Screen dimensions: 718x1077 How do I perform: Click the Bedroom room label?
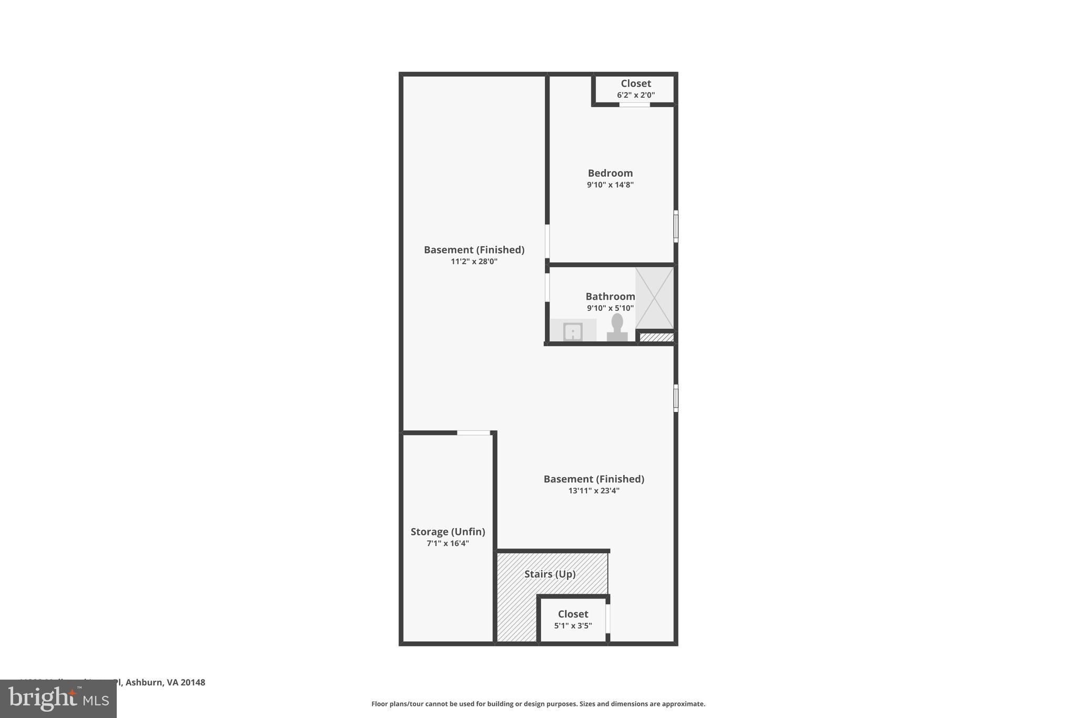coord(610,173)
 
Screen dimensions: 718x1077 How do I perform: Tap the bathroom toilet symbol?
coord(617,328)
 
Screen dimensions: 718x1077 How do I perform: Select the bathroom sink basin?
coord(573,332)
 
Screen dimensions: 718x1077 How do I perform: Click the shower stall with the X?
coord(654,298)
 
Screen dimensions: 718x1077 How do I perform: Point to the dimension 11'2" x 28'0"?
coord(474,261)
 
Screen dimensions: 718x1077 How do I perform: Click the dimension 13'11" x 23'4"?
coord(594,491)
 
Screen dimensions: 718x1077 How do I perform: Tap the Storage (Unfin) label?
coord(448,532)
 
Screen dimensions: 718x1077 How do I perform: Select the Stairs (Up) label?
coord(550,574)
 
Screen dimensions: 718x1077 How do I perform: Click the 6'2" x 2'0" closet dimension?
coord(636,95)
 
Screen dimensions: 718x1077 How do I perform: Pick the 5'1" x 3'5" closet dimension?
coord(573,626)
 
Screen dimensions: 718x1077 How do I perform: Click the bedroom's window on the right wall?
coord(676,226)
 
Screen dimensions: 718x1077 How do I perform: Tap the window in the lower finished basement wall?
coord(676,398)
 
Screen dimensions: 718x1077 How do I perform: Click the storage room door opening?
coord(473,433)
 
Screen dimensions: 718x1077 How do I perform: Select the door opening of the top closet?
coord(634,105)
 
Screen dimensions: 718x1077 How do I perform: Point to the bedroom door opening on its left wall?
coord(547,241)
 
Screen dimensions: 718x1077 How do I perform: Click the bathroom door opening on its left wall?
coord(547,287)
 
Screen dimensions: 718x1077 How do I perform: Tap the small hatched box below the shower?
coord(656,337)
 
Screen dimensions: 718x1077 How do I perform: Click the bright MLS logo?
coord(58,699)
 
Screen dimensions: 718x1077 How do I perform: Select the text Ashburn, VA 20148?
coord(165,682)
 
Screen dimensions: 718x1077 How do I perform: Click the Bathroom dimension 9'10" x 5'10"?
coord(610,308)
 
